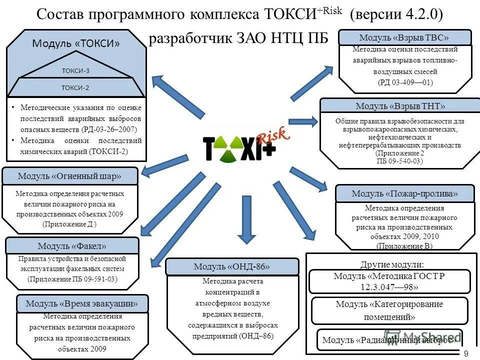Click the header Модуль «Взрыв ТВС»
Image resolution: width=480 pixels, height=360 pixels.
pos(404,37)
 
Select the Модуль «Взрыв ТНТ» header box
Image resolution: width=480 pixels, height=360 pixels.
pos(400,106)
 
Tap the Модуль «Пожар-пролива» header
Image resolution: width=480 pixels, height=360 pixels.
pos(404,193)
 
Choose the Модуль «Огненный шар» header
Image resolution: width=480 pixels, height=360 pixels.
pos(69,176)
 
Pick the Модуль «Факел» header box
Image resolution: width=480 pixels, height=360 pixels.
pos(72,246)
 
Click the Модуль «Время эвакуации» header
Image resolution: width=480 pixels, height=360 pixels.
pos(82,303)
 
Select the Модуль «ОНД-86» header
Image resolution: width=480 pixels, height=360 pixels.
pos(231,267)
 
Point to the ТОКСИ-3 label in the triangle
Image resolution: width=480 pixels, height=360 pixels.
pos(75,70)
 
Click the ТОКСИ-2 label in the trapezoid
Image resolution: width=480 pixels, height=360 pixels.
pos(75,87)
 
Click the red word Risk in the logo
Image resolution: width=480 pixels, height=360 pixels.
pos(273,135)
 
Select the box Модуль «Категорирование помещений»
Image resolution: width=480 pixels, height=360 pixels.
pos(389,310)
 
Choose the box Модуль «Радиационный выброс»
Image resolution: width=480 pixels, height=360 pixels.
pos(389,340)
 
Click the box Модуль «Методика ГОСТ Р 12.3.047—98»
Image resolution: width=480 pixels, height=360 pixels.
pos(389,281)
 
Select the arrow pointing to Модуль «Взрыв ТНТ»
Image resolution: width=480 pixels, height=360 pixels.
pos(303,120)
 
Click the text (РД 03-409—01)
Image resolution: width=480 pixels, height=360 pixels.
pos(405,82)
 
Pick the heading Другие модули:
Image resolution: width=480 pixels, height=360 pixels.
pos(391,264)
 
